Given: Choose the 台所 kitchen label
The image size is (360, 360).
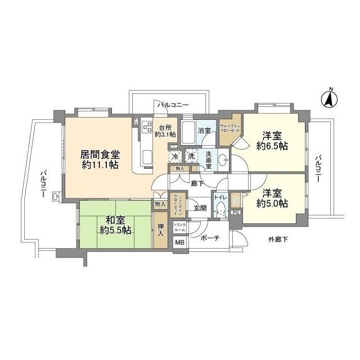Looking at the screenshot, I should pyautogui.click(x=165, y=127).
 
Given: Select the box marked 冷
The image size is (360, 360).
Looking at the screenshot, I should pyautogui.click(x=176, y=156).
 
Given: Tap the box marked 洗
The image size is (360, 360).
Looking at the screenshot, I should pyautogui.click(x=191, y=156).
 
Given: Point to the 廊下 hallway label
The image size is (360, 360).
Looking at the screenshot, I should pyautogui.click(x=197, y=182).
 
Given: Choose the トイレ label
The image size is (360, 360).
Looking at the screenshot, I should pyautogui.click(x=219, y=198).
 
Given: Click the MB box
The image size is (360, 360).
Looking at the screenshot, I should pyautogui.click(x=179, y=243).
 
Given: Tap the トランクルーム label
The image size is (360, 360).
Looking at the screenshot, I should pyautogui.click(x=179, y=228).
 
